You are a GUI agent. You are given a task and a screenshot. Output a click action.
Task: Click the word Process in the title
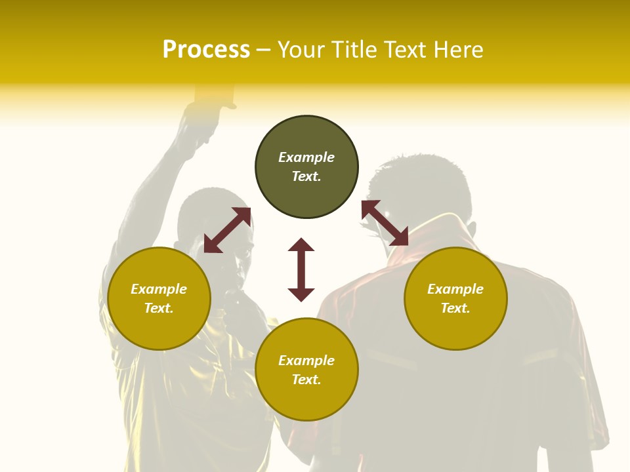click(x=206, y=49)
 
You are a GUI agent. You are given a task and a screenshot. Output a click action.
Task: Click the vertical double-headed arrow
click(x=301, y=269)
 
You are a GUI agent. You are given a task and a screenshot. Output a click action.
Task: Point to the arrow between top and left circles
click(x=227, y=230)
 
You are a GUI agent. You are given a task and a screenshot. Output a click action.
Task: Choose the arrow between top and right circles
click(x=385, y=223)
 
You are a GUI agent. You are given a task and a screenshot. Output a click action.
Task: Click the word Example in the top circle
click(x=306, y=157)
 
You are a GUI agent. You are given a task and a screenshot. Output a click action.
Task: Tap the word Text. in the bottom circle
click(x=306, y=380)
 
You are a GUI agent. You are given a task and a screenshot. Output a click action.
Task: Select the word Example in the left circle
click(x=159, y=289)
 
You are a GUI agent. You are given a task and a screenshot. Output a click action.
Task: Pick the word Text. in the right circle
click(x=455, y=308)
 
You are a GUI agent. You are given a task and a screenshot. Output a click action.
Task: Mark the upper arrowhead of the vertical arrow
click(x=301, y=245)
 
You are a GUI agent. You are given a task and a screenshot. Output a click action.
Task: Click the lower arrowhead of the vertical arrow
click(x=301, y=294)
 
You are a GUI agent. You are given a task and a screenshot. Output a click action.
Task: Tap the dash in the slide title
click(x=264, y=50)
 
